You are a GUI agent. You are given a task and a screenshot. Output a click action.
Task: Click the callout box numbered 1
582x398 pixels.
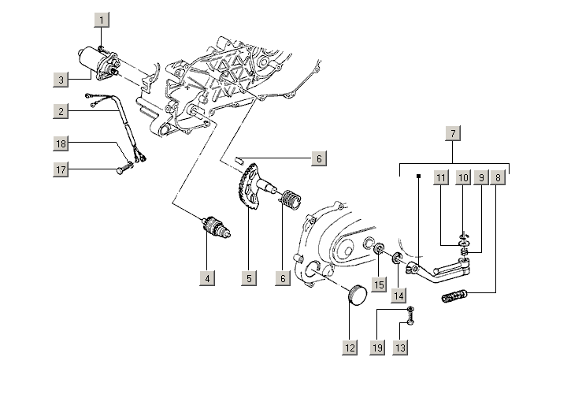point(102,18)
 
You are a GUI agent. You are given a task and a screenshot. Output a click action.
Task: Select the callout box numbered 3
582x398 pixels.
point(61,79)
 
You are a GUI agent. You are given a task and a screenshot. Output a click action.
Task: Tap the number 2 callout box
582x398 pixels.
point(61,112)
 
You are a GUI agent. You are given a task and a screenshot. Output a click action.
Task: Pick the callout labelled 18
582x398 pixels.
point(61,143)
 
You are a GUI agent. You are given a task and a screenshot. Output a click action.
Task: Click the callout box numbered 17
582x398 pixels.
point(61,168)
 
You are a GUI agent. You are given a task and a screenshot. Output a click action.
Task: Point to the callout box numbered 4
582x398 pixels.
point(206,277)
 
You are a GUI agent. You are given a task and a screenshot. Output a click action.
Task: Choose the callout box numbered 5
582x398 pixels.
point(249,277)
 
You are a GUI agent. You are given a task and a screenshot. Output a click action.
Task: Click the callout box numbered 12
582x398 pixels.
point(350,347)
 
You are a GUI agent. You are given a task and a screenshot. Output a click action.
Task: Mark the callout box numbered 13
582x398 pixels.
point(400,347)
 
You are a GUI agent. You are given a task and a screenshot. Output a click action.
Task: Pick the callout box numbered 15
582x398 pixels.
point(379,284)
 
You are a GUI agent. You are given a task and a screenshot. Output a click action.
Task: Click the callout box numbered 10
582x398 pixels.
point(462,178)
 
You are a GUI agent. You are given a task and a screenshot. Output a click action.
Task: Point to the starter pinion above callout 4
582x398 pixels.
point(217,228)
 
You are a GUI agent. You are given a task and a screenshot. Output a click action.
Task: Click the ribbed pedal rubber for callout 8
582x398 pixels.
point(454,299)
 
